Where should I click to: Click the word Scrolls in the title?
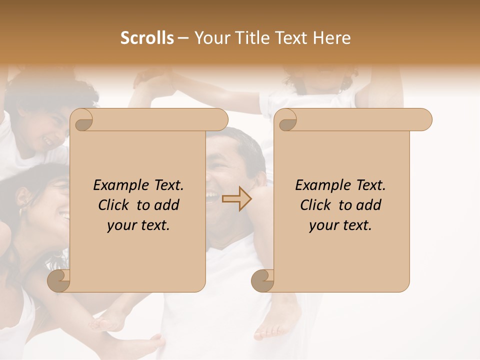click(147, 38)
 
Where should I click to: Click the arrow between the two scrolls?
click(236, 198)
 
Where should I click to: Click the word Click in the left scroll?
click(114, 205)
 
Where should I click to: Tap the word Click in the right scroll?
click(316, 205)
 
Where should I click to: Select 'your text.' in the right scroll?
click(340, 225)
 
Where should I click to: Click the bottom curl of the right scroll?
click(262, 281)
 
